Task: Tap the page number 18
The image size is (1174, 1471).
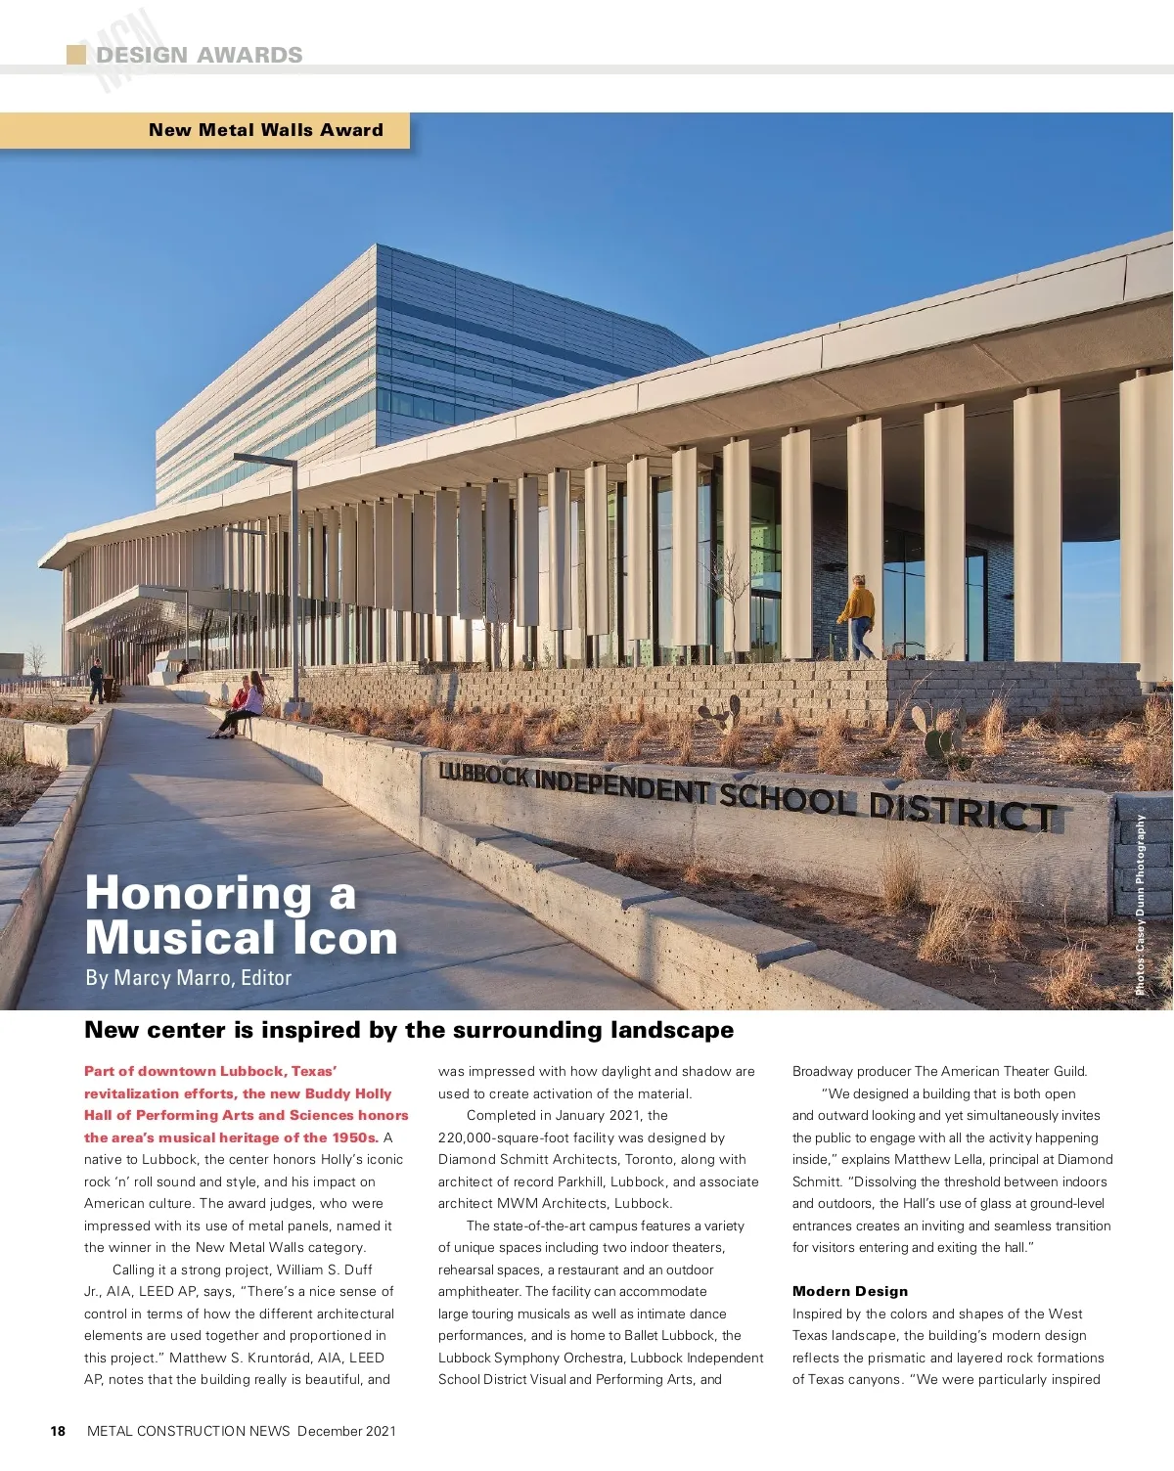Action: click(58, 1431)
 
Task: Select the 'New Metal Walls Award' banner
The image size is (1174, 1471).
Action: click(265, 130)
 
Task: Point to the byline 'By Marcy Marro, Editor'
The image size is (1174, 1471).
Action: click(188, 977)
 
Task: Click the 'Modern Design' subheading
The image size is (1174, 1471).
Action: click(849, 1291)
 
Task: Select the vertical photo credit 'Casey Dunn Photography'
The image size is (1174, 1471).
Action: click(1141, 905)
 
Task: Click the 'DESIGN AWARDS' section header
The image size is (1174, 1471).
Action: click(199, 55)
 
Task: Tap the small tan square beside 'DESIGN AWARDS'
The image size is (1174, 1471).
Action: click(75, 55)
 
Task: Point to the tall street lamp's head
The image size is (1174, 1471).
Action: click(264, 459)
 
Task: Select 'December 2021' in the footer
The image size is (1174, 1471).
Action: click(346, 1431)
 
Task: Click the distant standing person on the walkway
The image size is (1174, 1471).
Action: click(96, 681)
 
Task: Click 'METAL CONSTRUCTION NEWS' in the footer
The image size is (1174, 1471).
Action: click(189, 1431)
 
